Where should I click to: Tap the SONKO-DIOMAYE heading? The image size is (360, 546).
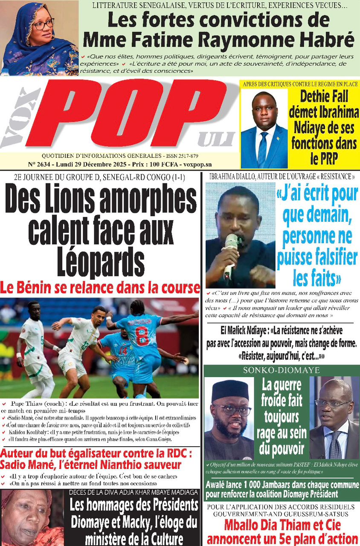coord(281,370)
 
